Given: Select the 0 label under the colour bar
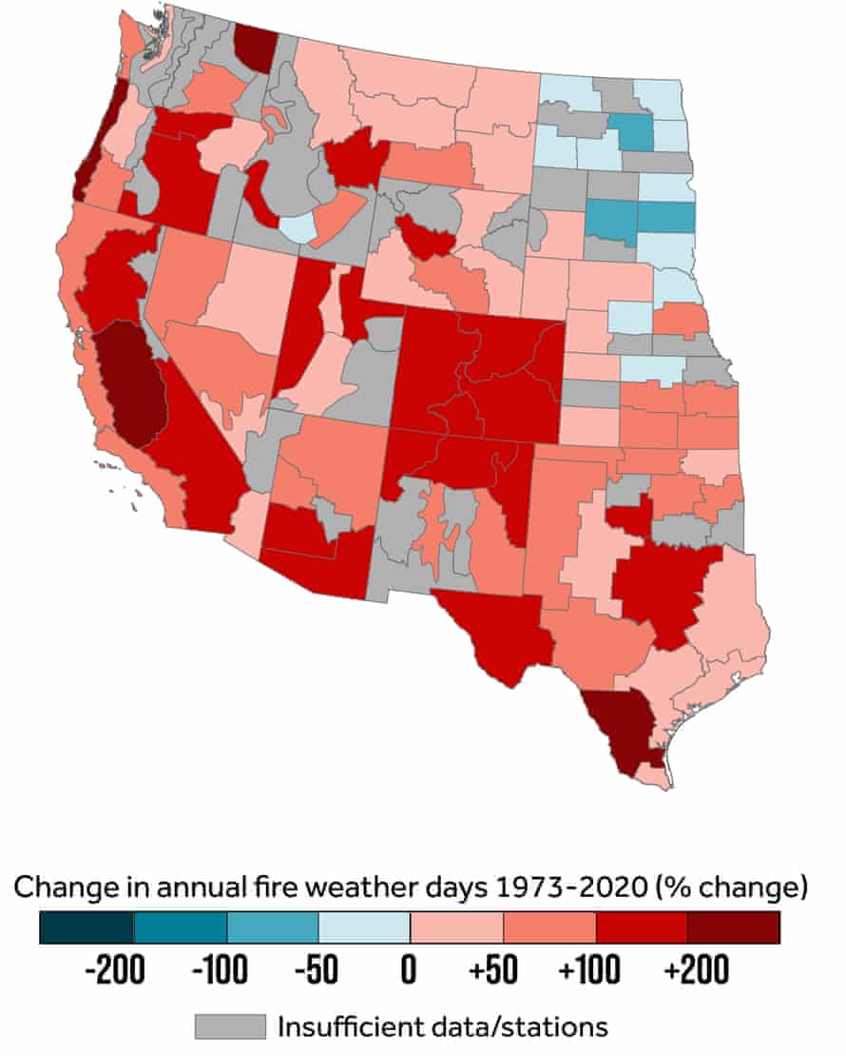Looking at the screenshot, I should [x=410, y=973].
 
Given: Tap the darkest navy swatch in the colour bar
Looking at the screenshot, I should [x=87, y=928].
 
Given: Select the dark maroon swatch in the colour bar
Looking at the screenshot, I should [x=734, y=928].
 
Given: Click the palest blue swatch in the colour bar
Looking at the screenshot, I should [x=364, y=928].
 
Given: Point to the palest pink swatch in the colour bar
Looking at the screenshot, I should [x=456, y=928].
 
